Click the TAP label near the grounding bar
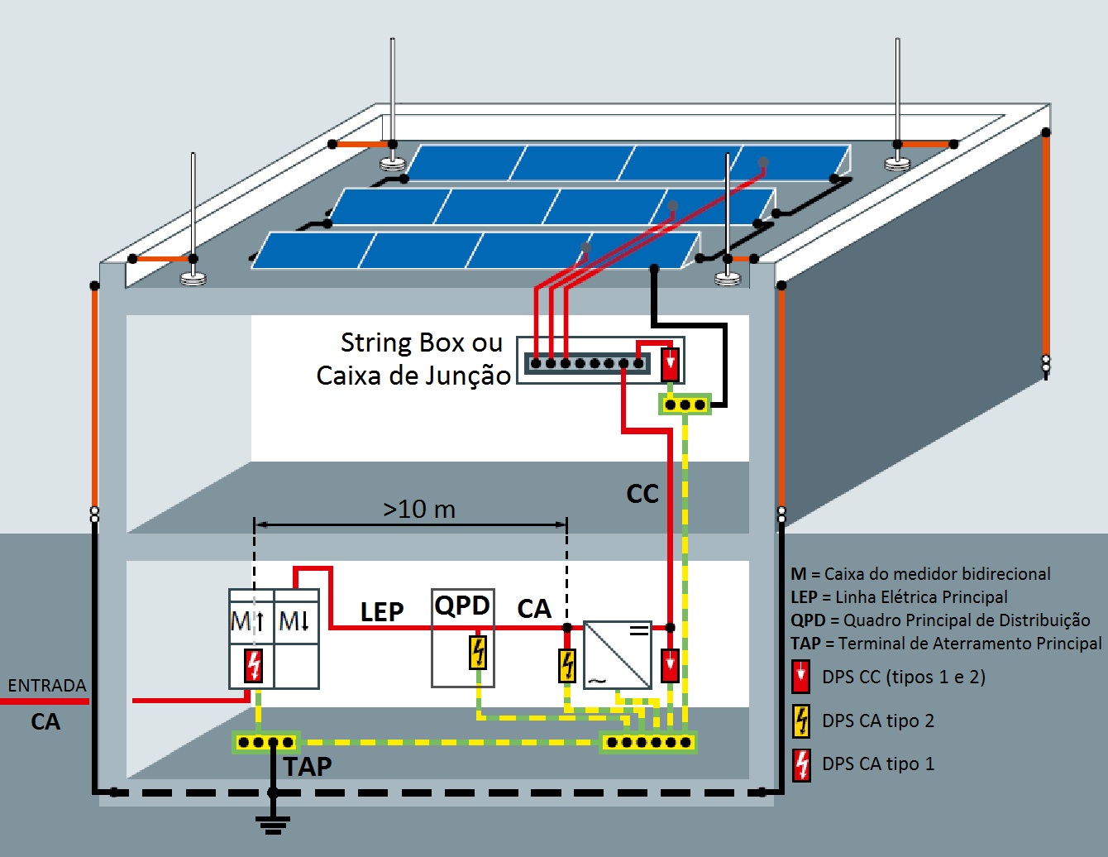point(308,767)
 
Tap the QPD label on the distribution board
point(462,606)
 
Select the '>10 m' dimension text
point(419,509)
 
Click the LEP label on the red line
point(381,612)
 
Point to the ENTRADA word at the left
point(47,686)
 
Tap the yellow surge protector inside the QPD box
point(478,652)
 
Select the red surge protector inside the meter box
point(254,666)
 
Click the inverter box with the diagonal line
point(618,655)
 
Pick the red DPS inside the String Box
point(670,364)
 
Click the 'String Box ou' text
point(421,342)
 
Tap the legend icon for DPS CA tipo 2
point(801,721)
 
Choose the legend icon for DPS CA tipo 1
point(801,764)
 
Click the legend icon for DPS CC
point(800,677)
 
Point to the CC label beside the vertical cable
point(642,495)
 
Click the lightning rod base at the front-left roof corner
point(193,279)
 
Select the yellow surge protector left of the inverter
point(567,665)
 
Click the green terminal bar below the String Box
point(685,405)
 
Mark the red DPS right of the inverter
point(670,665)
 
